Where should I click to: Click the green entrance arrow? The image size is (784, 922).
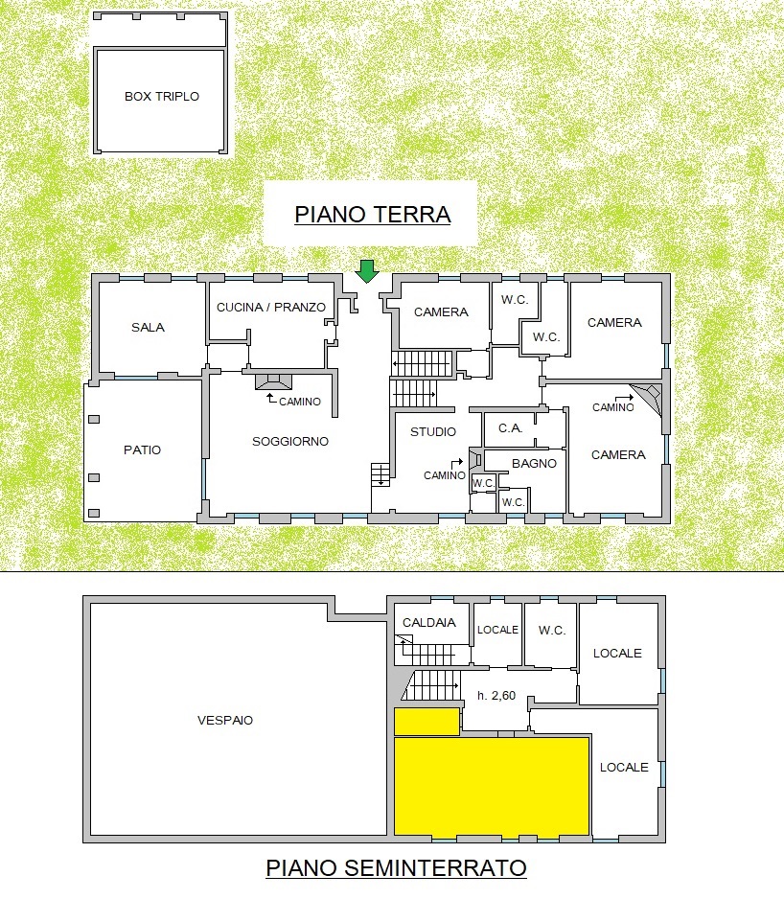pos(367,271)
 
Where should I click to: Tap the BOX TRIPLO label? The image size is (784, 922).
pos(162,97)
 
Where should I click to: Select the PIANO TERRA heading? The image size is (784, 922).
pos(372,215)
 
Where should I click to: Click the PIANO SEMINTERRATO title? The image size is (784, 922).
pos(396,868)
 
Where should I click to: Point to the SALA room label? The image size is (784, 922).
pos(149,328)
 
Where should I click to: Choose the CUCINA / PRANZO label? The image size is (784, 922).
pos(271,307)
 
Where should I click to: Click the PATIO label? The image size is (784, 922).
pos(143,449)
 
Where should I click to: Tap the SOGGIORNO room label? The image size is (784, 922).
pos(290,441)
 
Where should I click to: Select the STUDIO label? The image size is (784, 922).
pos(433,431)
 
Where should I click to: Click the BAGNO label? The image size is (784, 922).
pos(534,463)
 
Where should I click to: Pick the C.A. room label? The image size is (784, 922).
pos(511,428)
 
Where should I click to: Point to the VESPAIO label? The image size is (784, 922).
pos(225,720)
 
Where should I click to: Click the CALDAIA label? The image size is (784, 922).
pos(429,622)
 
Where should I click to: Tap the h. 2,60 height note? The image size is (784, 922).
pos(496,696)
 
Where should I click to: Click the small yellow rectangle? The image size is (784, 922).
pos(427,722)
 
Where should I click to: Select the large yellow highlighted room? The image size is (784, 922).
pos(492,786)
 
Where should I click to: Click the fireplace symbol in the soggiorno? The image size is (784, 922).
pos(273,381)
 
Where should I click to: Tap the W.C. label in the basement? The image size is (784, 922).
pos(552,631)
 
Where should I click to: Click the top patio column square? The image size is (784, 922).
pos(94,419)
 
